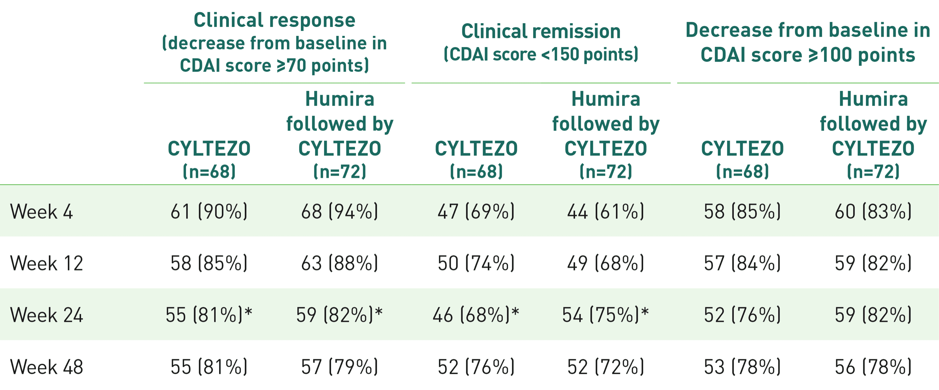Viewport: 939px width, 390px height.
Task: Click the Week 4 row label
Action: (x=41, y=212)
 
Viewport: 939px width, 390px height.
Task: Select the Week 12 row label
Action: (x=46, y=263)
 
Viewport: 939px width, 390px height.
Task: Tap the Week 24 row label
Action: (x=46, y=315)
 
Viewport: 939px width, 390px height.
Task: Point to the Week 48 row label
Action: (x=46, y=367)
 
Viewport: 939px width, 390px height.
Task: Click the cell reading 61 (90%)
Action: (x=209, y=212)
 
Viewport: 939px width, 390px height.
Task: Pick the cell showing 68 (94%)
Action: (x=339, y=212)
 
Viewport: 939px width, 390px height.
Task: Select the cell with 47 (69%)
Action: (x=476, y=212)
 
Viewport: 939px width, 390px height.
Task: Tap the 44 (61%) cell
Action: (x=606, y=212)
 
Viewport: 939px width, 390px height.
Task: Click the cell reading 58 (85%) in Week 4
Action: (x=742, y=212)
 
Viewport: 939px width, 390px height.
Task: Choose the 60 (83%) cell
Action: (x=873, y=212)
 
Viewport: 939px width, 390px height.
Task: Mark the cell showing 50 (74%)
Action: (x=476, y=263)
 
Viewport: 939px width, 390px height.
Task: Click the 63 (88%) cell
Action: (x=339, y=263)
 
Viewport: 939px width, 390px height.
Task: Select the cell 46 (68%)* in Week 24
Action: (x=476, y=315)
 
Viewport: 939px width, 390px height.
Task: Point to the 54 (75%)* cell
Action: (x=606, y=315)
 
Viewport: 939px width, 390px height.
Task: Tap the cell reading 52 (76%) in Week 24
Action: (x=742, y=315)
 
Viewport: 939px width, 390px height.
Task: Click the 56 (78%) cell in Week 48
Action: (x=873, y=367)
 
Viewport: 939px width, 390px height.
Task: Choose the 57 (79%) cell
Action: (x=339, y=367)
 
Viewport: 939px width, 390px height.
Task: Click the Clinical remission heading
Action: (x=541, y=31)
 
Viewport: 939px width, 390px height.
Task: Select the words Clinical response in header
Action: (x=274, y=20)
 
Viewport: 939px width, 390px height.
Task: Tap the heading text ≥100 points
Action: (x=862, y=55)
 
